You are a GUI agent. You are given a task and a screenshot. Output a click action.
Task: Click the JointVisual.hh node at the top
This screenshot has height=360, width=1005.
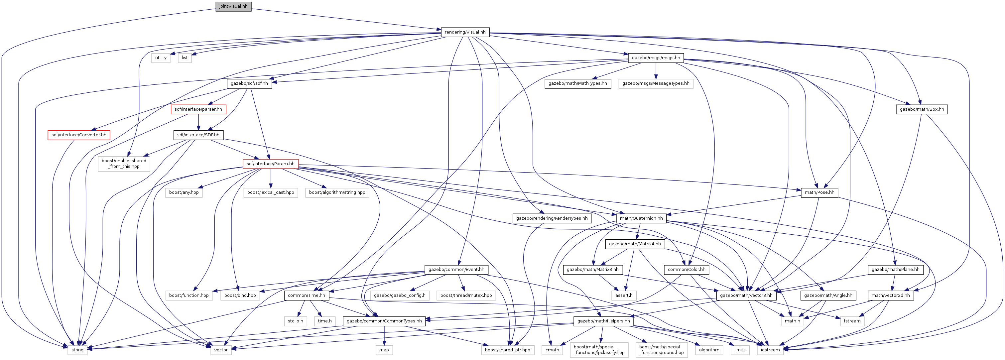pos(233,6)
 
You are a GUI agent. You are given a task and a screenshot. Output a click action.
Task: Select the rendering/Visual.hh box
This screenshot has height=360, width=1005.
pos(465,32)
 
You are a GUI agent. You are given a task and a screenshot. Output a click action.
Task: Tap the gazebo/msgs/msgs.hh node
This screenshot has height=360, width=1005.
pos(656,58)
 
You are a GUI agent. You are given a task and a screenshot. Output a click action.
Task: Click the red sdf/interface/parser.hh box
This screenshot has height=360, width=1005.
pos(198,109)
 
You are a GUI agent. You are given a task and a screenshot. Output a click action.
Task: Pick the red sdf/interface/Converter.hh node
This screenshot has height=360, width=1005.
pos(79,135)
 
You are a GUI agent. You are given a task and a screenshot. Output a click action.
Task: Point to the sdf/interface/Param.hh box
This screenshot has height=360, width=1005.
pos(271,164)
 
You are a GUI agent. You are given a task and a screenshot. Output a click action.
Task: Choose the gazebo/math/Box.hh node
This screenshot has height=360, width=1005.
pos(922,109)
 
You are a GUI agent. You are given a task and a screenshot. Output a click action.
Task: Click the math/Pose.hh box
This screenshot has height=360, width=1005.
pos(819,192)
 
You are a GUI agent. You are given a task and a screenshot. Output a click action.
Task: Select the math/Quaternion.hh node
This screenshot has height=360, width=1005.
pos(641,218)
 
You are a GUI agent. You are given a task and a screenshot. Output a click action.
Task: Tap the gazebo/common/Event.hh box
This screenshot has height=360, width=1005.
pos(456,270)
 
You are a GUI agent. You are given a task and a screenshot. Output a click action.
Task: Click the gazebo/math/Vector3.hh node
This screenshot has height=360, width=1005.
pos(746,296)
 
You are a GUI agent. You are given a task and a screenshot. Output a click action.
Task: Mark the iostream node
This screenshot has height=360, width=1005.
pos(770,350)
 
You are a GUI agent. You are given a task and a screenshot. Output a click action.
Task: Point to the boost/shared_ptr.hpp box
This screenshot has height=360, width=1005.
pos(508,350)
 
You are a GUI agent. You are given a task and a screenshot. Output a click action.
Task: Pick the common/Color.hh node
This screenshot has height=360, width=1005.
pos(687,270)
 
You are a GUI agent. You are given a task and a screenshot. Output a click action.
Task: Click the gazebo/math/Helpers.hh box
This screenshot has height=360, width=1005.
pos(603,321)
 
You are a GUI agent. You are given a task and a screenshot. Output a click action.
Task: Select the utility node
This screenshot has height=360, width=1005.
pos(161,58)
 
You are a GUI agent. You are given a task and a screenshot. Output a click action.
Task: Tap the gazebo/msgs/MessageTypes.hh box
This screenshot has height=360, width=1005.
pos(656,83)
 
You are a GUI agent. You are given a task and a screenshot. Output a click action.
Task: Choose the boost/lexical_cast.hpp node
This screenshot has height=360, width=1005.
pos(271,192)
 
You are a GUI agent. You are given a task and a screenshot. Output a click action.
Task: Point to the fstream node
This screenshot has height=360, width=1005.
pos(852,321)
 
